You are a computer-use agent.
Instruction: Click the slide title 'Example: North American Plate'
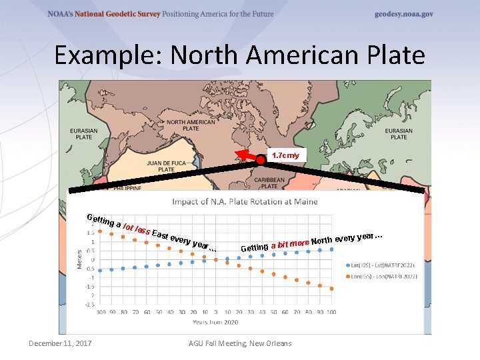[239, 55]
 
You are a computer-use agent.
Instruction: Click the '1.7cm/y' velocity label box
[286, 155]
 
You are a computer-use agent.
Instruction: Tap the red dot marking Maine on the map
[261, 159]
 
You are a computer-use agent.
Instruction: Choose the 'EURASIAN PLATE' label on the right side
[399, 133]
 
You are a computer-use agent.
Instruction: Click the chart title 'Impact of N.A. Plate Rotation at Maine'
[245, 201]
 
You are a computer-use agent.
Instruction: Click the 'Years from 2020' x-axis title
[215, 322]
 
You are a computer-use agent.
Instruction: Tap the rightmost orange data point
[331, 289]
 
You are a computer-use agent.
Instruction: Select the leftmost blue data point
[100, 271]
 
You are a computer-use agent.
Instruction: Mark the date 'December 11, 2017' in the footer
[60, 343]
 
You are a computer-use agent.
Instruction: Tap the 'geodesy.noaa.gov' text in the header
[403, 14]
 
